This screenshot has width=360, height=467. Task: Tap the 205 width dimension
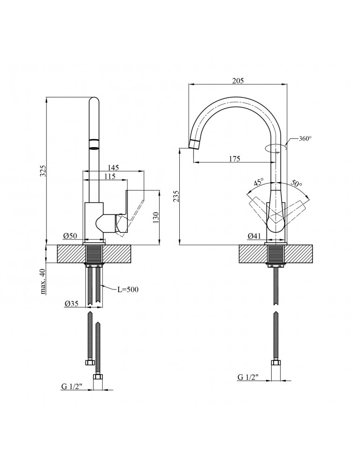[238, 81]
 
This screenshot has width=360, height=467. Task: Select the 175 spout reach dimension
[234, 159]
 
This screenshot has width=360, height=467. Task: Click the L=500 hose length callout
[128, 290]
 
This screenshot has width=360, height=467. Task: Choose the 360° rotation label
[304, 139]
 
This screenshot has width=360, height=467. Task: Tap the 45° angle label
[259, 181]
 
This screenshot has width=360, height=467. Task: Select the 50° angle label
[296, 182]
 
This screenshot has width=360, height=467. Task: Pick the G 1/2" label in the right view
[249, 377]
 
